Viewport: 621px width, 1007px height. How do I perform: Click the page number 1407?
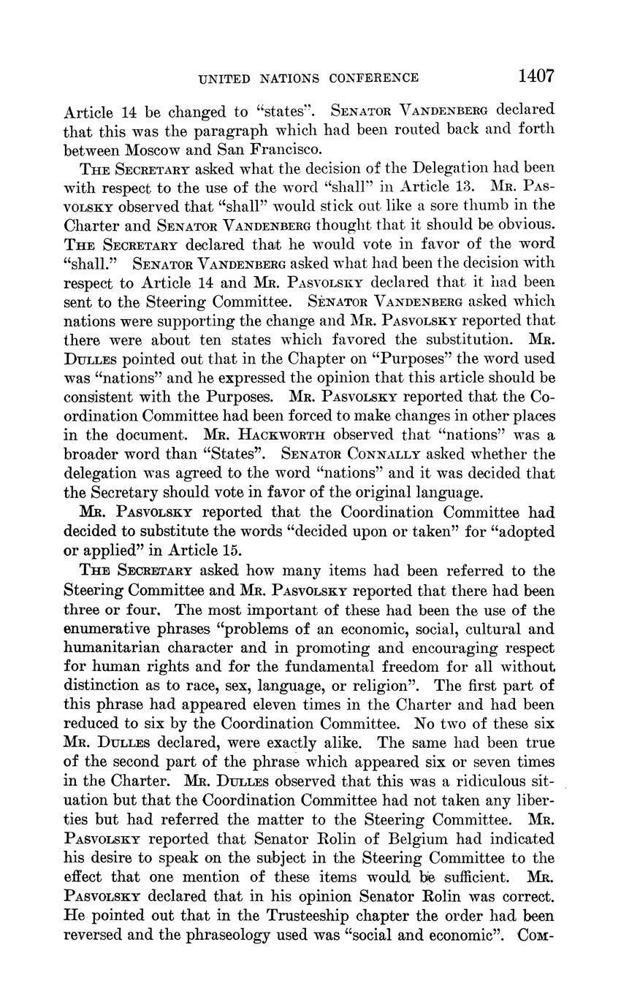(536, 76)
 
